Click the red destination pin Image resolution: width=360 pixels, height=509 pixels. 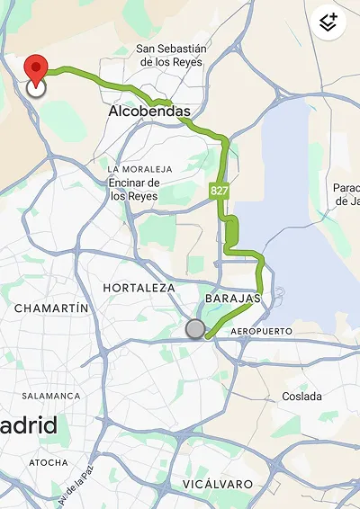point(35,68)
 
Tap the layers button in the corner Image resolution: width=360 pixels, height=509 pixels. point(328,22)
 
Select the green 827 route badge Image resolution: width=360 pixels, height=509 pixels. point(219,190)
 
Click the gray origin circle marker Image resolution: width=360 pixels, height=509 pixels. point(195,329)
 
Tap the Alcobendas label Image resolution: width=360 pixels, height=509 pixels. point(149,112)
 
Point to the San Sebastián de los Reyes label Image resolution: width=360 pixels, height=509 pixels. point(172,55)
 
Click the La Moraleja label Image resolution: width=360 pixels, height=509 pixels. point(139,169)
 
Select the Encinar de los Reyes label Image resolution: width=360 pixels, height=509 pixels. point(133,190)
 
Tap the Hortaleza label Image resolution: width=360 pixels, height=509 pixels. point(139,288)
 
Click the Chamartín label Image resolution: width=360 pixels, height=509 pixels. point(51,308)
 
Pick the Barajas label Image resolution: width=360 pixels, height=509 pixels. point(232,298)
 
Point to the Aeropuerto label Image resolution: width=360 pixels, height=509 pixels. point(262,332)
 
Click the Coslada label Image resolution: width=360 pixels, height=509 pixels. point(301,397)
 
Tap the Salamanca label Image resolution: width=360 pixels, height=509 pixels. point(50,396)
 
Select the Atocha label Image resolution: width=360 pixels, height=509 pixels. point(48,462)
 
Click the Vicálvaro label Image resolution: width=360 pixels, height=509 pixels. point(217,484)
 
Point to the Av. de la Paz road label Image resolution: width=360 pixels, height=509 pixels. point(76,488)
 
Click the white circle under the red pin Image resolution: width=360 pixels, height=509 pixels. point(36,88)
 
